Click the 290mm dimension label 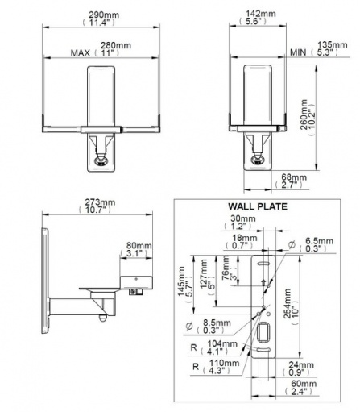104,15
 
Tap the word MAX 81,53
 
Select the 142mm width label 261,14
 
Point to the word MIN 298,52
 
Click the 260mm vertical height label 304,114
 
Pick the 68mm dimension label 294,177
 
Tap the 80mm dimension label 139,246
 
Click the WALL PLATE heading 258,206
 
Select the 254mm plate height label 288,304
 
